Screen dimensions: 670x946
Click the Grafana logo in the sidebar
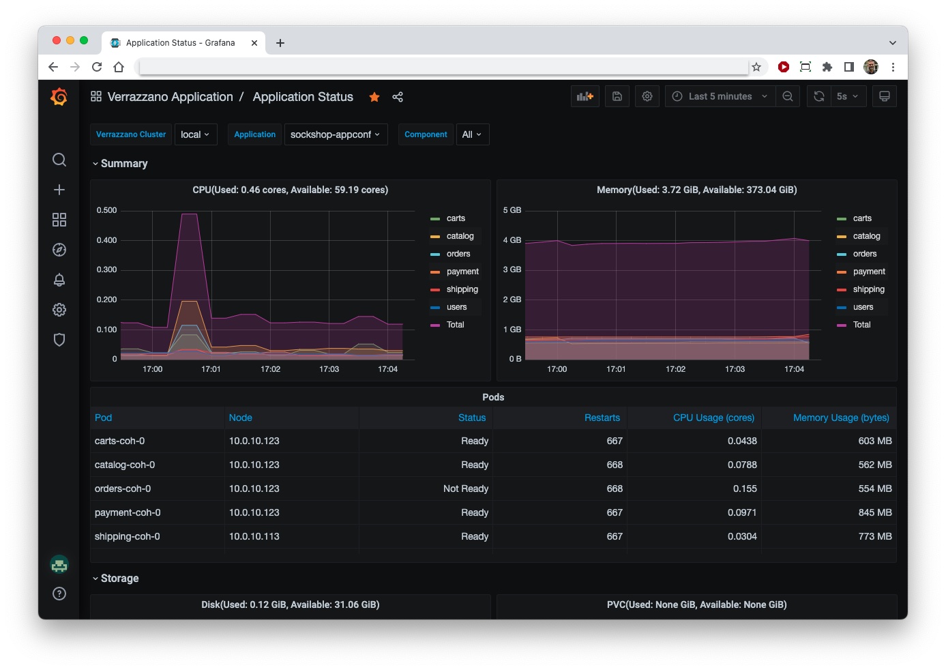(x=59, y=97)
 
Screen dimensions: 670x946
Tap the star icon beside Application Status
(x=374, y=97)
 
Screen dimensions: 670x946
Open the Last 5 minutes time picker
(x=720, y=97)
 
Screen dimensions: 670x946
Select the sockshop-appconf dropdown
(x=335, y=134)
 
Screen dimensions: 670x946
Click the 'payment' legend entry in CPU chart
(x=462, y=272)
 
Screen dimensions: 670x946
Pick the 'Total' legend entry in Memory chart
(x=861, y=325)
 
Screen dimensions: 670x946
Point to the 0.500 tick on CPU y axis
(x=106, y=210)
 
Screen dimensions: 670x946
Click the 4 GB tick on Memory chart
(x=512, y=240)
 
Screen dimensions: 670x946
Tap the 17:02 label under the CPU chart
(x=270, y=369)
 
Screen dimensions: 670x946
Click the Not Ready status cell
(x=465, y=489)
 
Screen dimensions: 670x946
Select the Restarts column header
(x=602, y=418)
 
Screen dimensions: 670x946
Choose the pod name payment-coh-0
(x=128, y=512)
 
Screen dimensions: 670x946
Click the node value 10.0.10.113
(x=254, y=536)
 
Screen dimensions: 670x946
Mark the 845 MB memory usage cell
(x=874, y=512)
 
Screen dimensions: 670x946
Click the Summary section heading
(x=123, y=164)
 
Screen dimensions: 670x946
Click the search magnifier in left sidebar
(x=59, y=160)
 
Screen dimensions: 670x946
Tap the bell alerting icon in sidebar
(x=59, y=280)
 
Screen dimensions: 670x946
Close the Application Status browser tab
(x=254, y=42)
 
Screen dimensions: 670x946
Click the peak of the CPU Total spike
(x=189, y=214)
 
